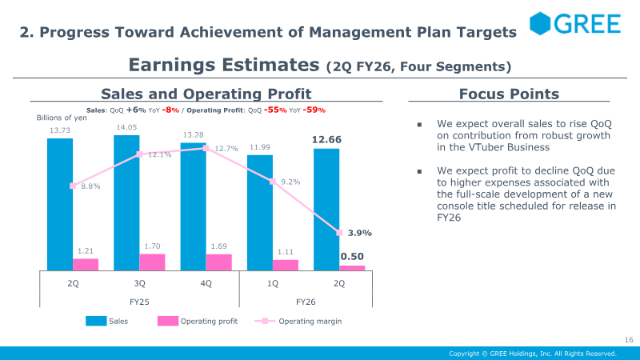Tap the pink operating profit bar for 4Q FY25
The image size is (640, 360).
point(218,262)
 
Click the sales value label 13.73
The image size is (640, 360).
point(59,130)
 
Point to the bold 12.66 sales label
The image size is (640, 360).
point(326,140)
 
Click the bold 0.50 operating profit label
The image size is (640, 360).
point(352,256)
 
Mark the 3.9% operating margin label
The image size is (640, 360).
point(359,233)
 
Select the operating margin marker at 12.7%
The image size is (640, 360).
point(206,148)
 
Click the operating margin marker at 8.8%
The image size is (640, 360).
point(73,186)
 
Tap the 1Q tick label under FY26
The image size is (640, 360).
point(273,283)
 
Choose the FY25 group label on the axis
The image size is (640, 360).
point(139,302)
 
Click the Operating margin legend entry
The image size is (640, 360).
point(310,322)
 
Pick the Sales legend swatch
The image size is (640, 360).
point(96,322)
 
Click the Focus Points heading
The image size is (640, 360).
point(509,94)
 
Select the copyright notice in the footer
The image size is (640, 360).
point(532,354)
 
